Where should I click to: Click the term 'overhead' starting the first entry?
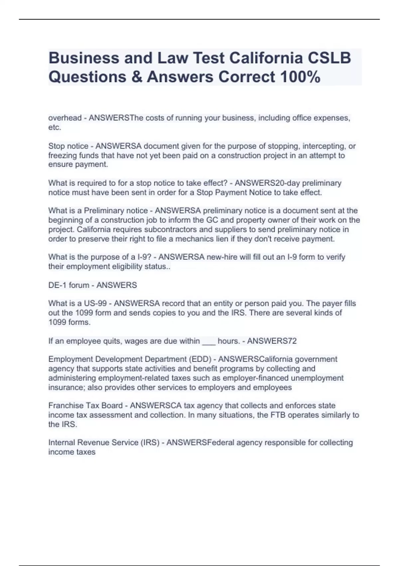(65, 118)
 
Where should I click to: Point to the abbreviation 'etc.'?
(55, 127)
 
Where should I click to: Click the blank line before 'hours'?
(209, 341)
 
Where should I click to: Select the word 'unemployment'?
(320, 378)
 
